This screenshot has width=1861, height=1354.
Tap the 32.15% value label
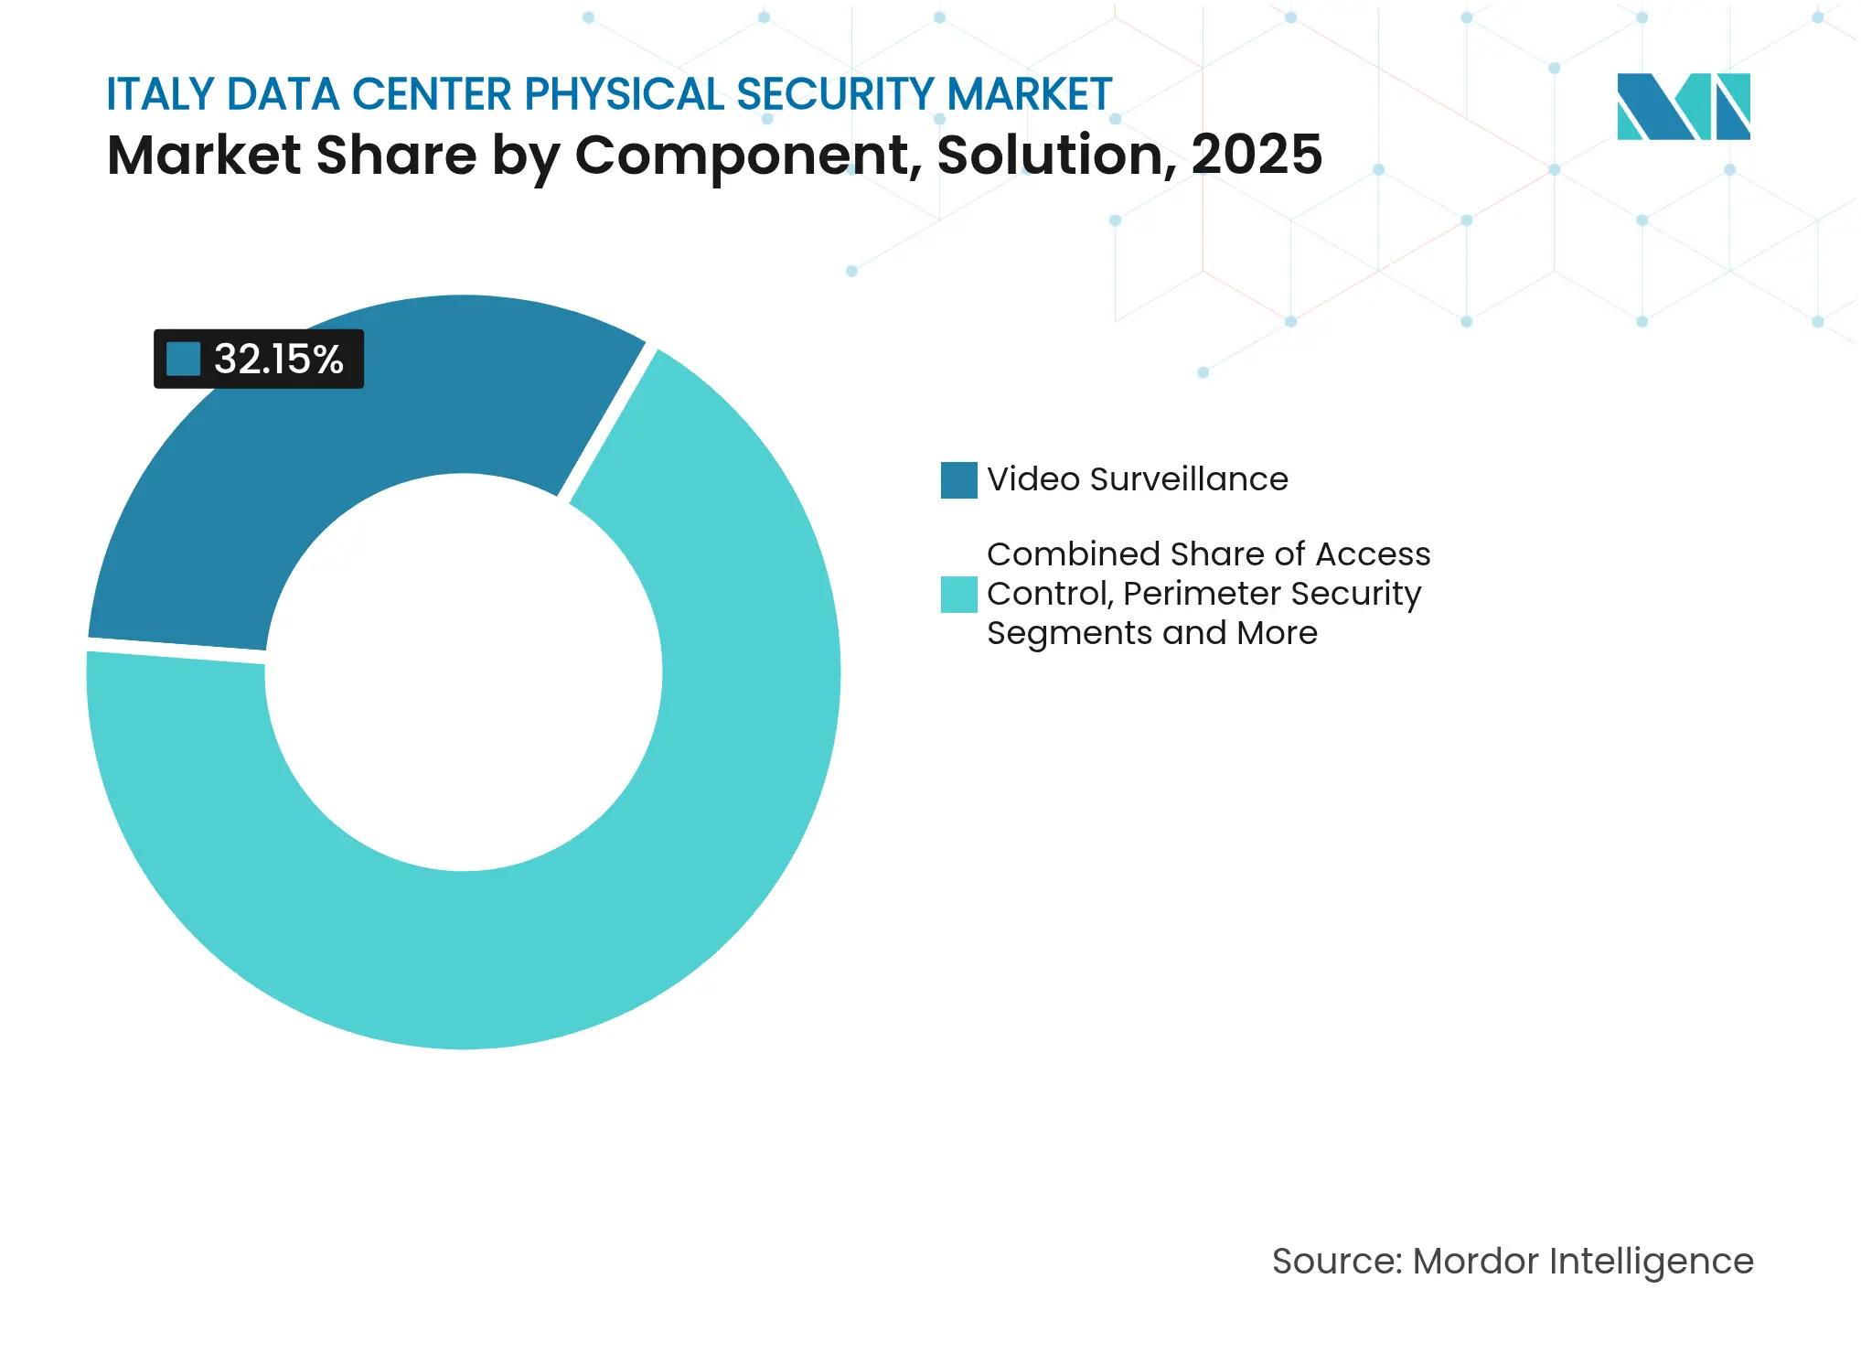point(278,360)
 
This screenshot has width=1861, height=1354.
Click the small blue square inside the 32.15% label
point(183,360)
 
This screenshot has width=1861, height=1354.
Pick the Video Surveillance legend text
point(1137,479)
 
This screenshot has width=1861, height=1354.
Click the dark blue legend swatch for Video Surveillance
point(958,480)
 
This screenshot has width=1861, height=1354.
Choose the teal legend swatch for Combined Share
point(958,595)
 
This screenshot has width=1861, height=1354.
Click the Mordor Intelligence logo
point(1683,107)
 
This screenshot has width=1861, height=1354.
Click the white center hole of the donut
point(464,672)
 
